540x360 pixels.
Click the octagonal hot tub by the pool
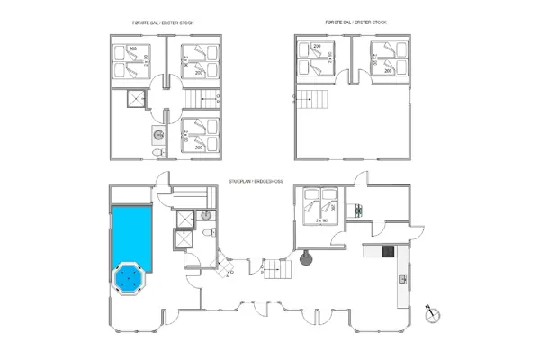click(130, 279)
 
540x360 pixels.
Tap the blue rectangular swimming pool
click(131, 234)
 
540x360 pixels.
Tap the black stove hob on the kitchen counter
click(388, 250)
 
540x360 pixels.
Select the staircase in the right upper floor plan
click(314, 99)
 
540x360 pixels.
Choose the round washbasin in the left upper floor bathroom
click(158, 135)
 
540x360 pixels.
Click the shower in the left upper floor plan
click(137, 100)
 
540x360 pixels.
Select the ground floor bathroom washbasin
click(205, 215)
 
